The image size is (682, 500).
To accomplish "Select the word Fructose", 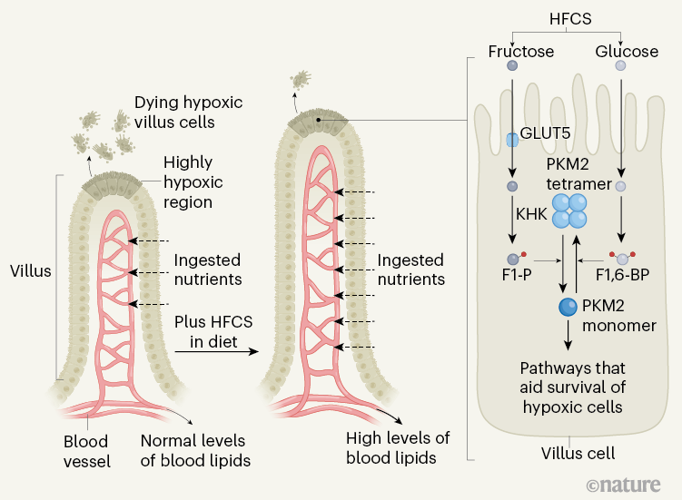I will point(520,51).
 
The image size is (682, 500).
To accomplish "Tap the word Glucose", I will point(627,51).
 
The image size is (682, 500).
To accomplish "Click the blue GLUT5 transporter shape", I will point(512,139).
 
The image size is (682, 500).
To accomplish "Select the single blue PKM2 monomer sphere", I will point(568,308).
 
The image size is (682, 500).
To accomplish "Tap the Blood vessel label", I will point(87,451).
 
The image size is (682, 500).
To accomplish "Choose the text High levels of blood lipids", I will point(398,448).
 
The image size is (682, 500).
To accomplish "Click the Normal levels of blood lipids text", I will point(195,450).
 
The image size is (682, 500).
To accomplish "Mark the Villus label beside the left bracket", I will point(31,270).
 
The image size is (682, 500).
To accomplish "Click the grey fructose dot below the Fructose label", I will point(513,66).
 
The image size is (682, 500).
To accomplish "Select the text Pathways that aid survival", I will point(571,387).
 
